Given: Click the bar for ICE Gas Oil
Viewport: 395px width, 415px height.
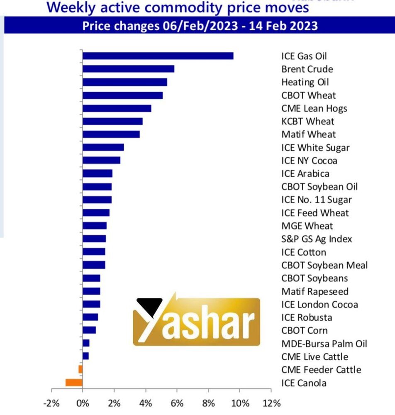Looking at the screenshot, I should click(158, 56).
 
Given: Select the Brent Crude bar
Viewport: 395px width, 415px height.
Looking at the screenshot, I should click(128, 69).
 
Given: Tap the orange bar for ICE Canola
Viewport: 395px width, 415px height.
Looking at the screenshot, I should click(74, 383).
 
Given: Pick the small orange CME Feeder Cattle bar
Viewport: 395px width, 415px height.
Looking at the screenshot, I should click(80, 369).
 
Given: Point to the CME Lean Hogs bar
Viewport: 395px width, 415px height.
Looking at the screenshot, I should click(117, 108).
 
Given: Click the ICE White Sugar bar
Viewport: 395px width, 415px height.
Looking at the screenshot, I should click(103, 147).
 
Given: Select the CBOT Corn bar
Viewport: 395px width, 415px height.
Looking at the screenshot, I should click(89, 330).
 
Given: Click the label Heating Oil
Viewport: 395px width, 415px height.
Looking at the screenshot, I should click(305, 82).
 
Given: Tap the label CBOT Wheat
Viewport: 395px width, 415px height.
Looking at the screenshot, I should click(308, 95).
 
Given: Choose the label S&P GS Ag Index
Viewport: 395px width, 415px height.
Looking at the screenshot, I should click(317, 239).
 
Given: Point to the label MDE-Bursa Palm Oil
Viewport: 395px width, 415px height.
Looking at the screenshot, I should click(324, 344).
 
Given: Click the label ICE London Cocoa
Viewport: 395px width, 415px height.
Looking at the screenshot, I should click(319, 305).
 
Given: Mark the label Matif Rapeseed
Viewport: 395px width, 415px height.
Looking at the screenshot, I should click(315, 291).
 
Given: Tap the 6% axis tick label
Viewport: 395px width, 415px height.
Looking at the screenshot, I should click(177, 403).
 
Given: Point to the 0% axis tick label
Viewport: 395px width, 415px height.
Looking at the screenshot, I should click(83, 403).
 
